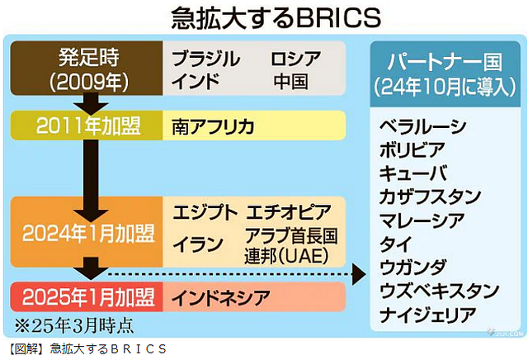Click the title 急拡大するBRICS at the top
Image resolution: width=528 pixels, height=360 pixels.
[x=276, y=17]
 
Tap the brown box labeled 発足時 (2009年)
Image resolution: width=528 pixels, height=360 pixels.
[x=87, y=69]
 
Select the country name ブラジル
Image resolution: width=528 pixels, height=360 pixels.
[x=205, y=59]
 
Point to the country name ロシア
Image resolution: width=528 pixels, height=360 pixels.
[x=295, y=59]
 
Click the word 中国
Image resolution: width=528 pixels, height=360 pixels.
[x=290, y=82]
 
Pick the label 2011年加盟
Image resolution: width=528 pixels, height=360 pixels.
[x=88, y=126]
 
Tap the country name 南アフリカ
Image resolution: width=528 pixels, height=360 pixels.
[x=213, y=126]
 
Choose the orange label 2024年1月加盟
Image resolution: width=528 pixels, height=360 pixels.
[x=88, y=233]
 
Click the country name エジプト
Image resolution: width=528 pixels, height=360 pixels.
[x=205, y=212]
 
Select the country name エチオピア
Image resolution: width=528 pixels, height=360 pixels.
[x=289, y=212]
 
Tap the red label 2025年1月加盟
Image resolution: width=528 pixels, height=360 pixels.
[x=88, y=297]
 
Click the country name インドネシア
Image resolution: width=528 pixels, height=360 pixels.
[x=221, y=297]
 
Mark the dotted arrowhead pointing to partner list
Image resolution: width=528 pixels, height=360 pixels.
[x=359, y=274]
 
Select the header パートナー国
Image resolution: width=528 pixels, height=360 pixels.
[x=445, y=61]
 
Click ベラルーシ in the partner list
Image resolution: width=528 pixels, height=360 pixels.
[x=423, y=126]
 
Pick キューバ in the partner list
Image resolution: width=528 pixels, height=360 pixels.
[x=413, y=173]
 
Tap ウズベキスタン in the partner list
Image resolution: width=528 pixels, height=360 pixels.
[x=439, y=291]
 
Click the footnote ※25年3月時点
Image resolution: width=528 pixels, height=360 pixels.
[x=73, y=325]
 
